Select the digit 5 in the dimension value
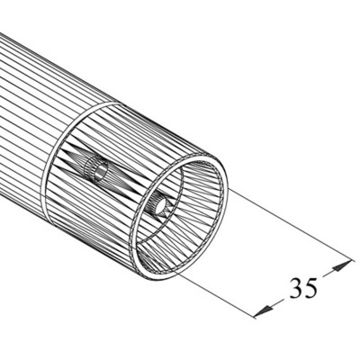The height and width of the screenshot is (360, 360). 311,287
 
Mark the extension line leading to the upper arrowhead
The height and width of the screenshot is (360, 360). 288,225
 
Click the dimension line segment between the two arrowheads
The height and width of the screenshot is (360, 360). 301,288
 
